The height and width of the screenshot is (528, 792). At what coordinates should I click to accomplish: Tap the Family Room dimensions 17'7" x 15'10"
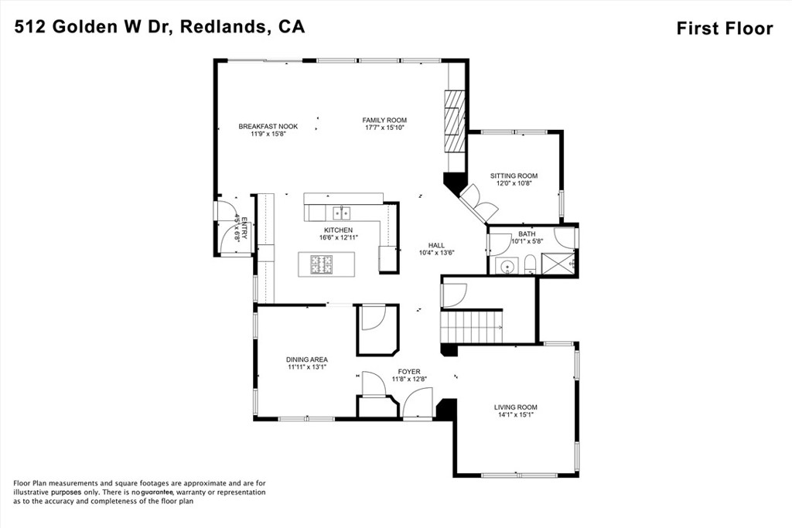click(384, 128)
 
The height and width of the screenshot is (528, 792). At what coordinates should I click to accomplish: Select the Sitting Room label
click(514, 175)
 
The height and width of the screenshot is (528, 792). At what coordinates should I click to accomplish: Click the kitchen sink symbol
click(341, 212)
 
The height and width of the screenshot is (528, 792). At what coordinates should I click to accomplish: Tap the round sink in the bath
click(507, 267)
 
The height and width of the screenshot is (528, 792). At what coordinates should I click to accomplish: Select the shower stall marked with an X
click(558, 263)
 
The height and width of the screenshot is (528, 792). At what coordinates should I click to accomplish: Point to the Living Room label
click(515, 407)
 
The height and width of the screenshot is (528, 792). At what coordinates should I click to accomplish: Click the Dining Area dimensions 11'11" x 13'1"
click(307, 367)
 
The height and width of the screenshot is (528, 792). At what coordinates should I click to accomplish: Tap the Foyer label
click(408, 372)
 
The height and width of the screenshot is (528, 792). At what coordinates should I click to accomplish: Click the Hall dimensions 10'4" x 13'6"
click(436, 252)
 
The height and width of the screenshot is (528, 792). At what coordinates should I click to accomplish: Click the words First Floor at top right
click(724, 29)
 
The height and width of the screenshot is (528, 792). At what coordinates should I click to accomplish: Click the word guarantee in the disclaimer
click(156, 492)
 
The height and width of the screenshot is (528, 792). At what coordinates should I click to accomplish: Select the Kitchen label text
click(338, 230)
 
